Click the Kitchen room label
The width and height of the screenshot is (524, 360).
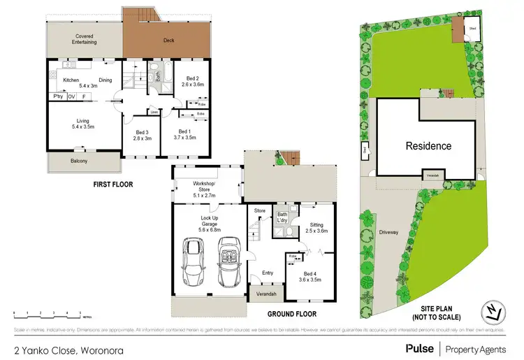71,80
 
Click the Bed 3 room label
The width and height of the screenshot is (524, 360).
142,136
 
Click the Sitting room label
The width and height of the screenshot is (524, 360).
316,229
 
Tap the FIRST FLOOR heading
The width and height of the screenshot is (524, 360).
112,185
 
